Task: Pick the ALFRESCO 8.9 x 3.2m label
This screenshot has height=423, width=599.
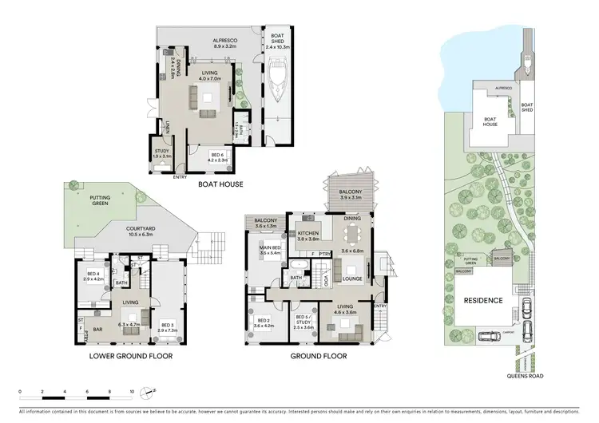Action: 226,43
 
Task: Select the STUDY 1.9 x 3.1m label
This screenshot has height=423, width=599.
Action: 161,154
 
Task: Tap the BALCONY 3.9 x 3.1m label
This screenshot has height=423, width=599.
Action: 347,193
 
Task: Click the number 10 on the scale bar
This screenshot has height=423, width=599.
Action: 132,391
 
